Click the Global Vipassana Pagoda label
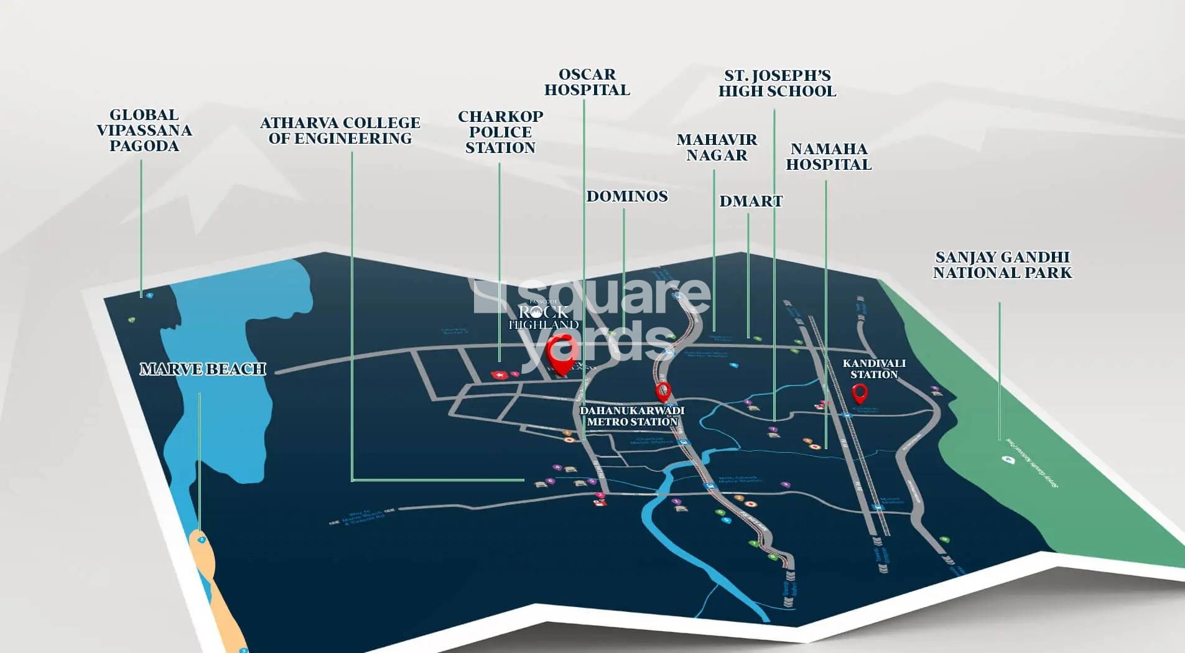[x=144, y=131]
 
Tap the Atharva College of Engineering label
[x=340, y=131]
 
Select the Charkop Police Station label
[x=500, y=132]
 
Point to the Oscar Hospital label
[x=587, y=82]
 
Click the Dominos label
[x=626, y=197]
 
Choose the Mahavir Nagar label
[x=717, y=147]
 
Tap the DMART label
[x=750, y=201]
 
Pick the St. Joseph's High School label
[x=777, y=83]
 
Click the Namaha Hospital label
[x=829, y=157]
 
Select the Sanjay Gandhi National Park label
[x=1002, y=265]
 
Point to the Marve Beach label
[x=203, y=369]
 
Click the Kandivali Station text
[x=874, y=369]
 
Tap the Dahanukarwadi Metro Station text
[x=632, y=416]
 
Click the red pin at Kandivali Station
[x=859, y=393]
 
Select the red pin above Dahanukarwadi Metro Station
[x=663, y=391]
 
